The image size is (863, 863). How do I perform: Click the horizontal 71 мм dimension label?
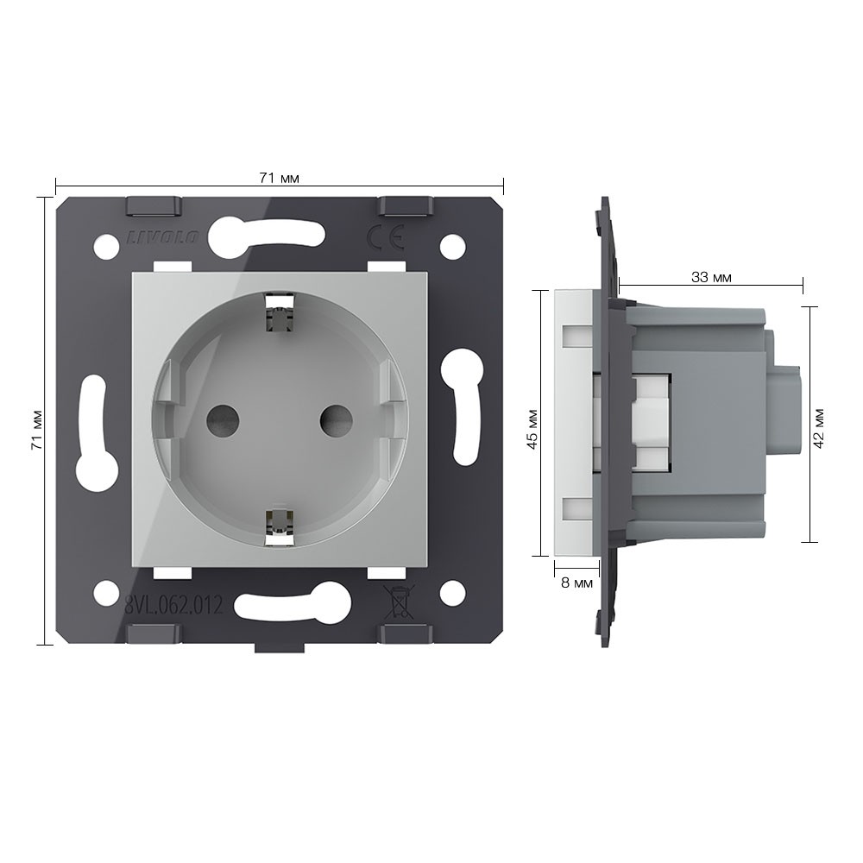coord(279,179)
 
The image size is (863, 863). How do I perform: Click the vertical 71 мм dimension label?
coord(37,430)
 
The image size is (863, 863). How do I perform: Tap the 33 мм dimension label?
coord(711,277)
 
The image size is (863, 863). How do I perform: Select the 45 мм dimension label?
coord(532,429)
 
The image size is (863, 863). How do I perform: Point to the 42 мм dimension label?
coord(818,428)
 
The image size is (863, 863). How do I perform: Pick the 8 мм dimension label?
coord(576,583)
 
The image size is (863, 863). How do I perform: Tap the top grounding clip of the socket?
coord(280,314)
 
